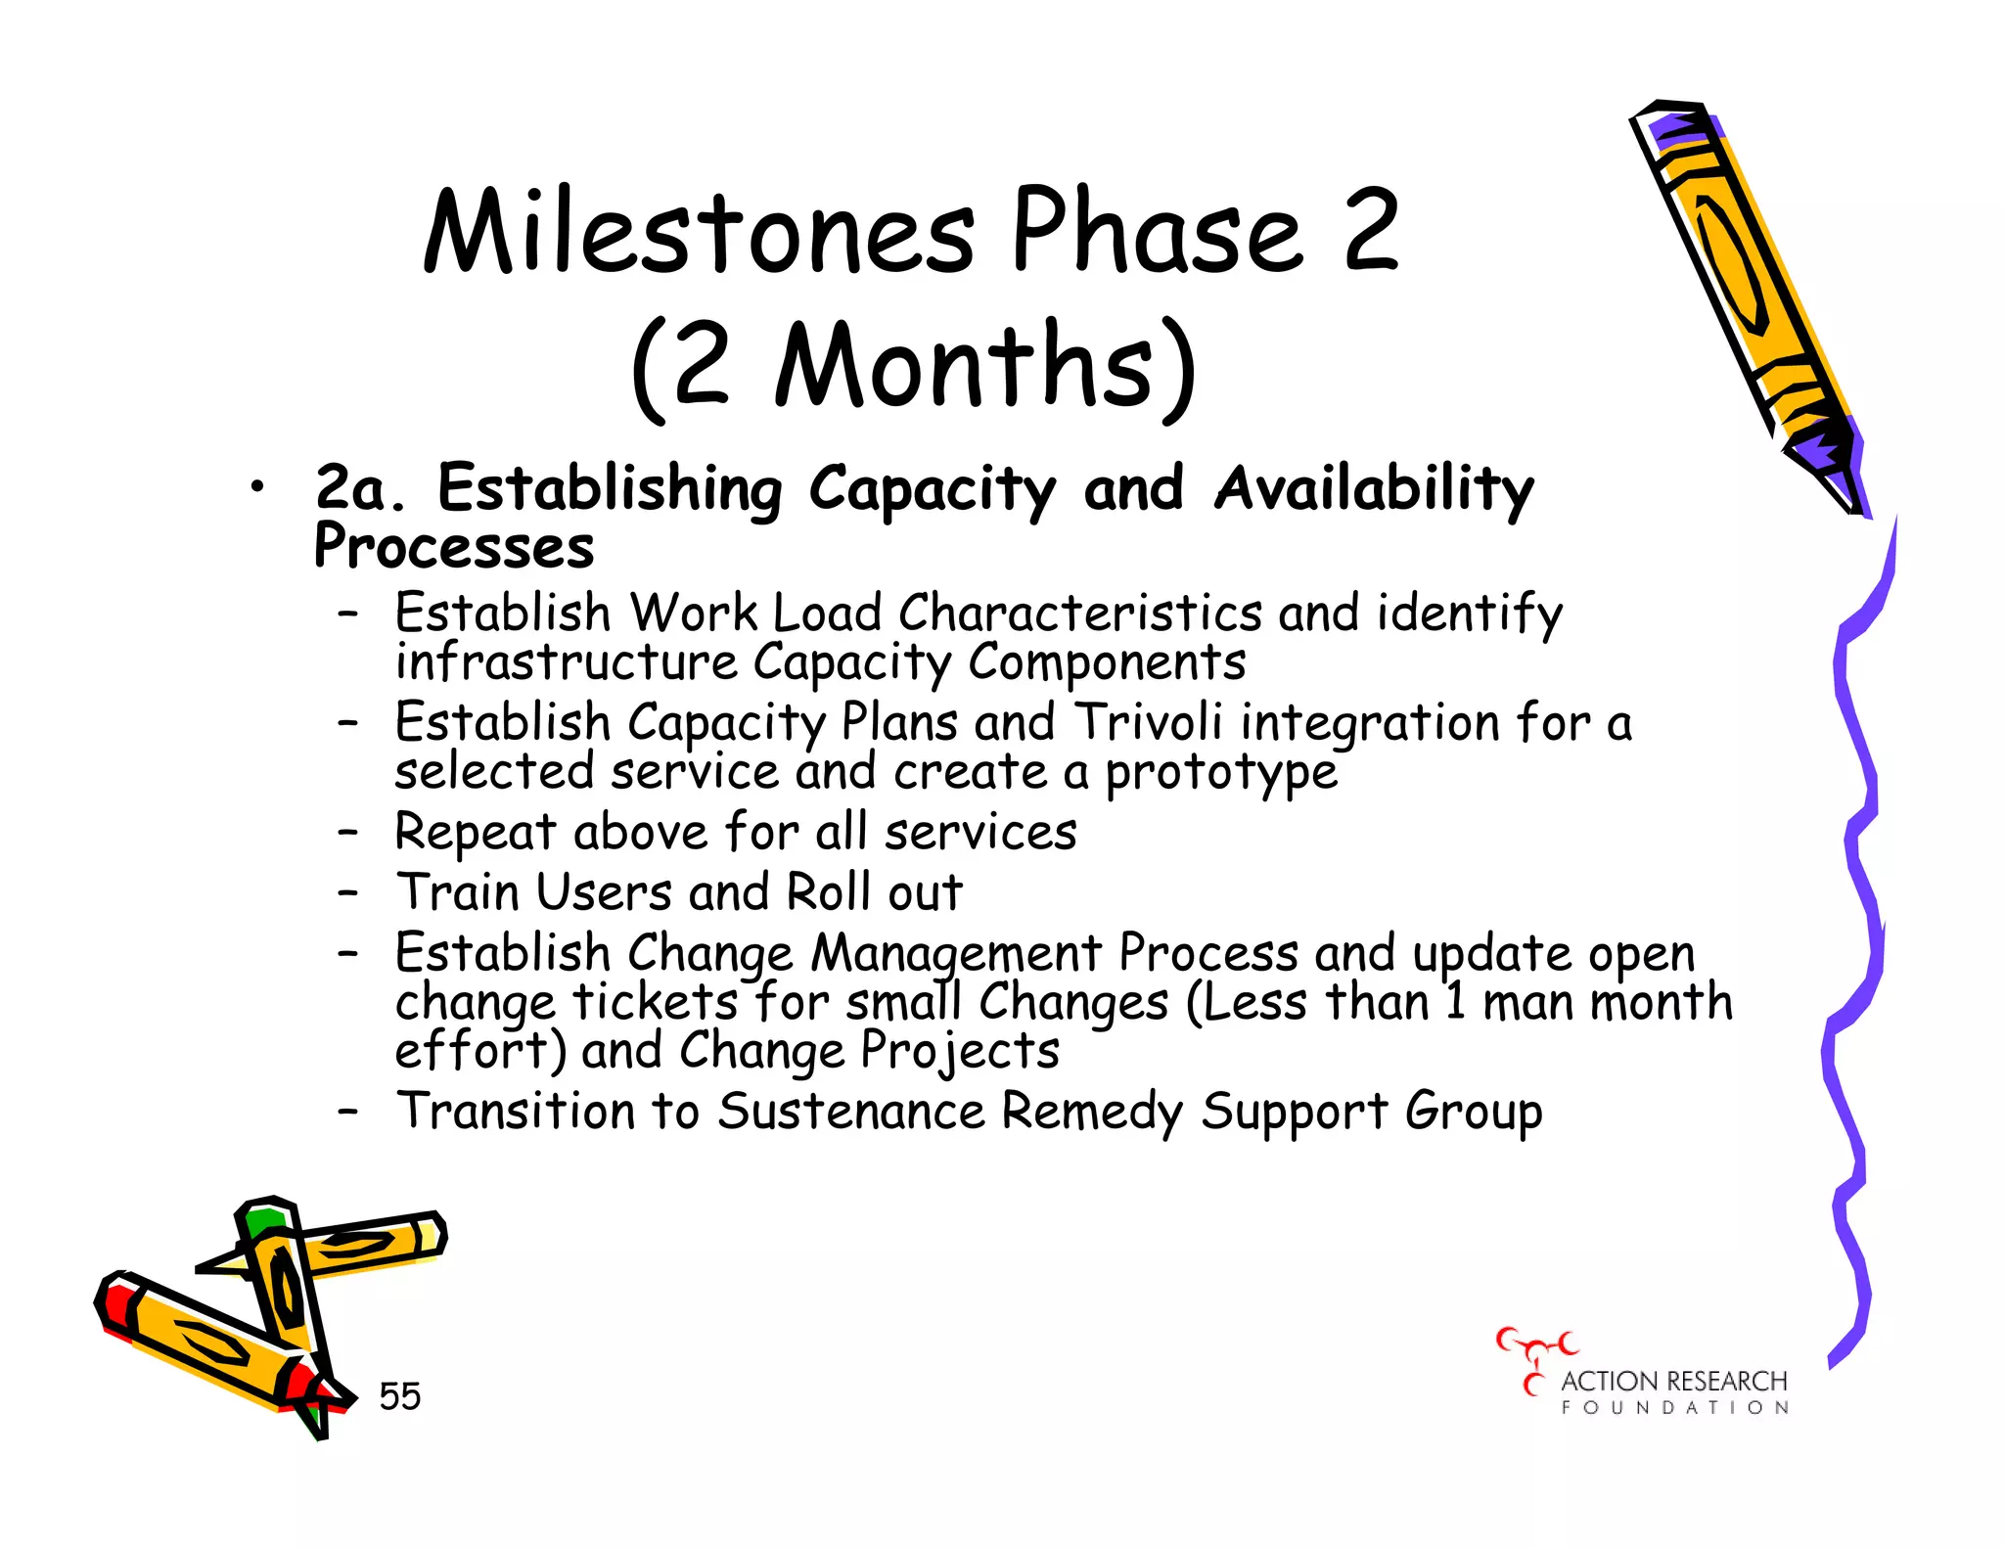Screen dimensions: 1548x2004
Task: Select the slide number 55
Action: pyautogui.click(x=399, y=1396)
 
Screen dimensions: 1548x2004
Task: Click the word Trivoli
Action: pyautogui.click(x=1149, y=723)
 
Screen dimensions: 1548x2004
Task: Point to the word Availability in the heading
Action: pyautogui.click(x=1373, y=488)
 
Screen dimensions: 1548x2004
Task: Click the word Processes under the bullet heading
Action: pyautogui.click(x=453, y=547)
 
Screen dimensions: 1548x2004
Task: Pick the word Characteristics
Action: pyautogui.click(x=1080, y=614)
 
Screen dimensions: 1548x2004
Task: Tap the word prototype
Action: pyautogui.click(x=1220, y=773)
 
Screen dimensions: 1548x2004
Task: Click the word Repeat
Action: pyautogui.click(x=476, y=834)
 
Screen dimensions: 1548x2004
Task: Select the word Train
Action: pyautogui.click(x=457, y=892)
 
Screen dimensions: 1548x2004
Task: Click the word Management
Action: pyautogui.click(x=956, y=954)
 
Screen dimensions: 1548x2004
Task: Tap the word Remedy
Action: pyautogui.click(x=1092, y=1113)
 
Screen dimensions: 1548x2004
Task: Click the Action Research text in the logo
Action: pyautogui.click(x=1673, y=1382)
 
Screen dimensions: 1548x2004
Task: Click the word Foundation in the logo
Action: pyautogui.click(x=1674, y=1408)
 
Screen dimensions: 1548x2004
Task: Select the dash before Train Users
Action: pyautogui.click(x=347, y=892)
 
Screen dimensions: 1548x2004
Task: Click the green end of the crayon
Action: pyautogui.click(x=264, y=1220)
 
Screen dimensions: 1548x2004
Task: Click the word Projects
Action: pyautogui.click(x=960, y=1052)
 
